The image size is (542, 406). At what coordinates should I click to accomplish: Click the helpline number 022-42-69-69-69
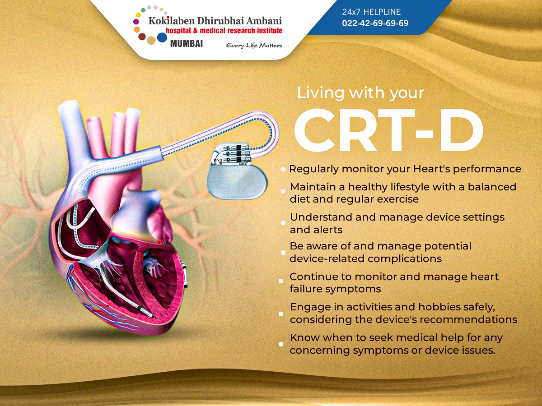[x=375, y=23]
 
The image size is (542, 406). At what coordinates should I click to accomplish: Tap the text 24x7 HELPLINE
[x=371, y=12]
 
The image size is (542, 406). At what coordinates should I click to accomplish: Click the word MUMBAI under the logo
[x=187, y=44]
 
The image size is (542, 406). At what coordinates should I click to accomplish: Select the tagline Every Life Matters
[x=254, y=46]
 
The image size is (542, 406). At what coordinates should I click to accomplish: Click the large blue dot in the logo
[x=162, y=37]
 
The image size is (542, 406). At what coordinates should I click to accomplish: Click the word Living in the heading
[x=321, y=94]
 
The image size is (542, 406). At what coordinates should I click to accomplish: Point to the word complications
[x=405, y=259]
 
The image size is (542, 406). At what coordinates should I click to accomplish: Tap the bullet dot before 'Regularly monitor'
[x=283, y=169]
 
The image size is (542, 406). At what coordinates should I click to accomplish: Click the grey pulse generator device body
[x=237, y=181]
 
